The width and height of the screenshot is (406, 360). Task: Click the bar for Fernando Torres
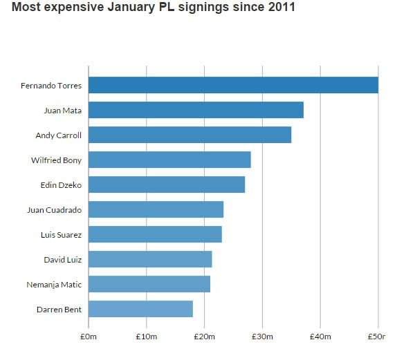[x=233, y=85]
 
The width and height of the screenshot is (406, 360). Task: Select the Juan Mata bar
[x=196, y=110]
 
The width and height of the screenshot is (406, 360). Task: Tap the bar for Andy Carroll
[x=190, y=135]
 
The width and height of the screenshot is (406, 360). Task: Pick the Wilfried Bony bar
[x=169, y=160]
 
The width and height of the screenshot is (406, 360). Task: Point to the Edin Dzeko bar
[x=167, y=184]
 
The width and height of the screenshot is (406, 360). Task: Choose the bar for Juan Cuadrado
[x=156, y=209]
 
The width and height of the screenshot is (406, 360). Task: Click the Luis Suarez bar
[x=155, y=234]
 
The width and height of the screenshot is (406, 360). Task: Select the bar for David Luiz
[x=150, y=259]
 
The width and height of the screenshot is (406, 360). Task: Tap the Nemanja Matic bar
[x=149, y=284]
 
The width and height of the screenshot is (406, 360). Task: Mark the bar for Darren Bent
[x=140, y=309]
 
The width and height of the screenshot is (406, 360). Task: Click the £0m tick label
[x=89, y=337]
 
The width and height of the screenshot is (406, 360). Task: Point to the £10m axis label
[x=147, y=337]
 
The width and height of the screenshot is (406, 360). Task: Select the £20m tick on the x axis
[x=204, y=337]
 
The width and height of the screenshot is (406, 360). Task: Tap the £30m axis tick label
[x=262, y=337]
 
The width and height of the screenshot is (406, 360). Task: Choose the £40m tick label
[x=320, y=337]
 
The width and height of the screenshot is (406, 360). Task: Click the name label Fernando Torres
[x=51, y=86]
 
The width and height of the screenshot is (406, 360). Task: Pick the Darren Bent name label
[x=59, y=310]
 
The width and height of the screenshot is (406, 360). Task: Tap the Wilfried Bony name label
[x=57, y=160]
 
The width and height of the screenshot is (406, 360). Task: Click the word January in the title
[x=131, y=7]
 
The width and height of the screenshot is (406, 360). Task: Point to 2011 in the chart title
[x=282, y=7]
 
